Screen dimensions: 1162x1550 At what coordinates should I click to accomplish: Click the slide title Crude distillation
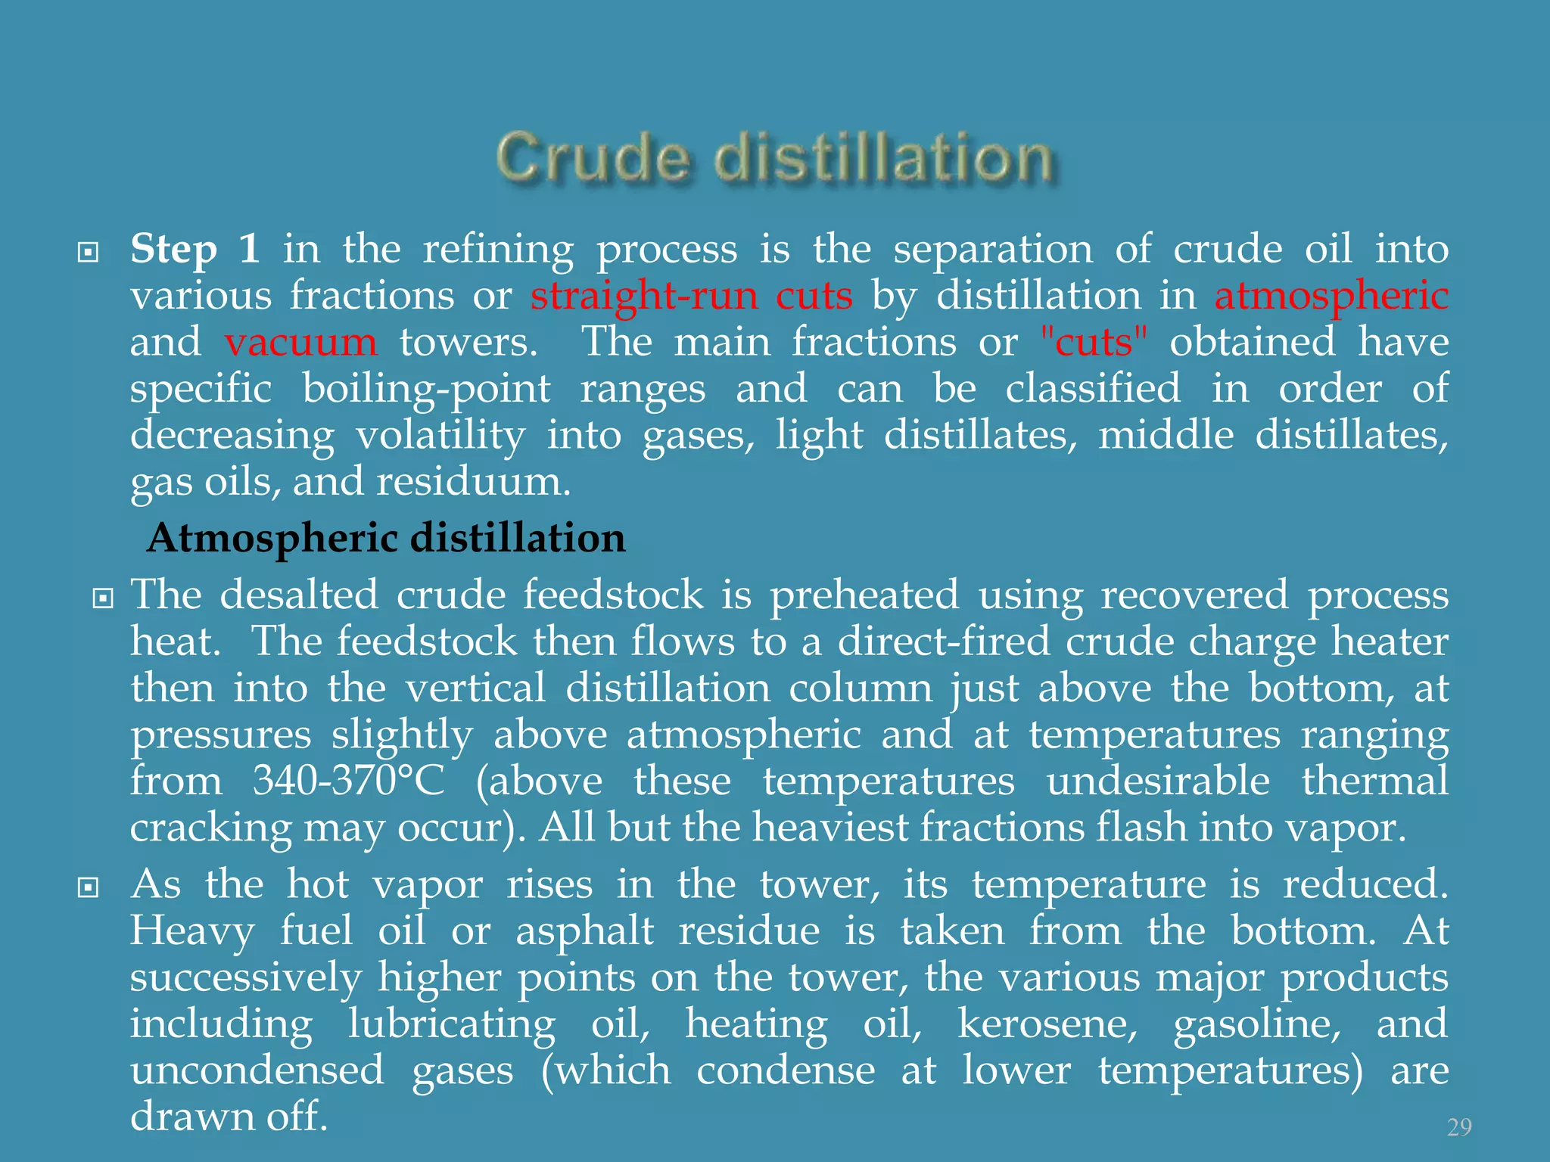pos(774,158)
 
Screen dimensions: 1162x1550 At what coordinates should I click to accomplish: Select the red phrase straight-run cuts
pos(691,295)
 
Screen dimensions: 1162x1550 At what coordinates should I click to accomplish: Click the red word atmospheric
pos(1331,295)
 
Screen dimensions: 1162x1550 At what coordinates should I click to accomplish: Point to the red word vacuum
pos(300,342)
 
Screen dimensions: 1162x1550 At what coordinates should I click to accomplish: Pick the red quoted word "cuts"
pos(1094,342)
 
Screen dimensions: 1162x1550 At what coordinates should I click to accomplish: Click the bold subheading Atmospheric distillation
pos(386,538)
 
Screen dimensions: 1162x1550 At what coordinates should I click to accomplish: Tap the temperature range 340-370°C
pos(349,781)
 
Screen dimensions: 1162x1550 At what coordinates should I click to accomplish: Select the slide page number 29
pos(1459,1127)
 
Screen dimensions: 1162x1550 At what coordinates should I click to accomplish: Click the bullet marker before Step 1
pos(89,252)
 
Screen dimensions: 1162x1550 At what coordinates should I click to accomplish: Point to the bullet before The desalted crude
pos(102,599)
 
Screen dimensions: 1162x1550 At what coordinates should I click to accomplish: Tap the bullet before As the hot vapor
pos(89,887)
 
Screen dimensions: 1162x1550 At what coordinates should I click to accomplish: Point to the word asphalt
pos(584,931)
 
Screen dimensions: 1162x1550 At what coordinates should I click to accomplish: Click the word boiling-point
pos(426,389)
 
